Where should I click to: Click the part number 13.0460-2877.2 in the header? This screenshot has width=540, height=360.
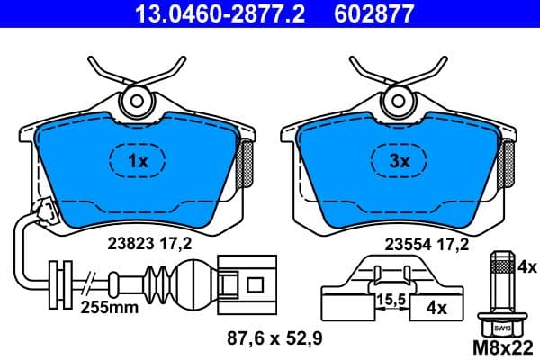pyautogui.click(x=202, y=13)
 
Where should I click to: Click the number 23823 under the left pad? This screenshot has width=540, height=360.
pyautogui.click(x=129, y=242)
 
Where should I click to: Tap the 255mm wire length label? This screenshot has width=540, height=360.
pyautogui.click(x=112, y=306)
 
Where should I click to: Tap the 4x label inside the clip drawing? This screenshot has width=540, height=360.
pyautogui.click(x=436, y=309)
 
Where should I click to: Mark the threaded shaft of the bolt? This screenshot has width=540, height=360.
pyautogui.click(x=502, y=283)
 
